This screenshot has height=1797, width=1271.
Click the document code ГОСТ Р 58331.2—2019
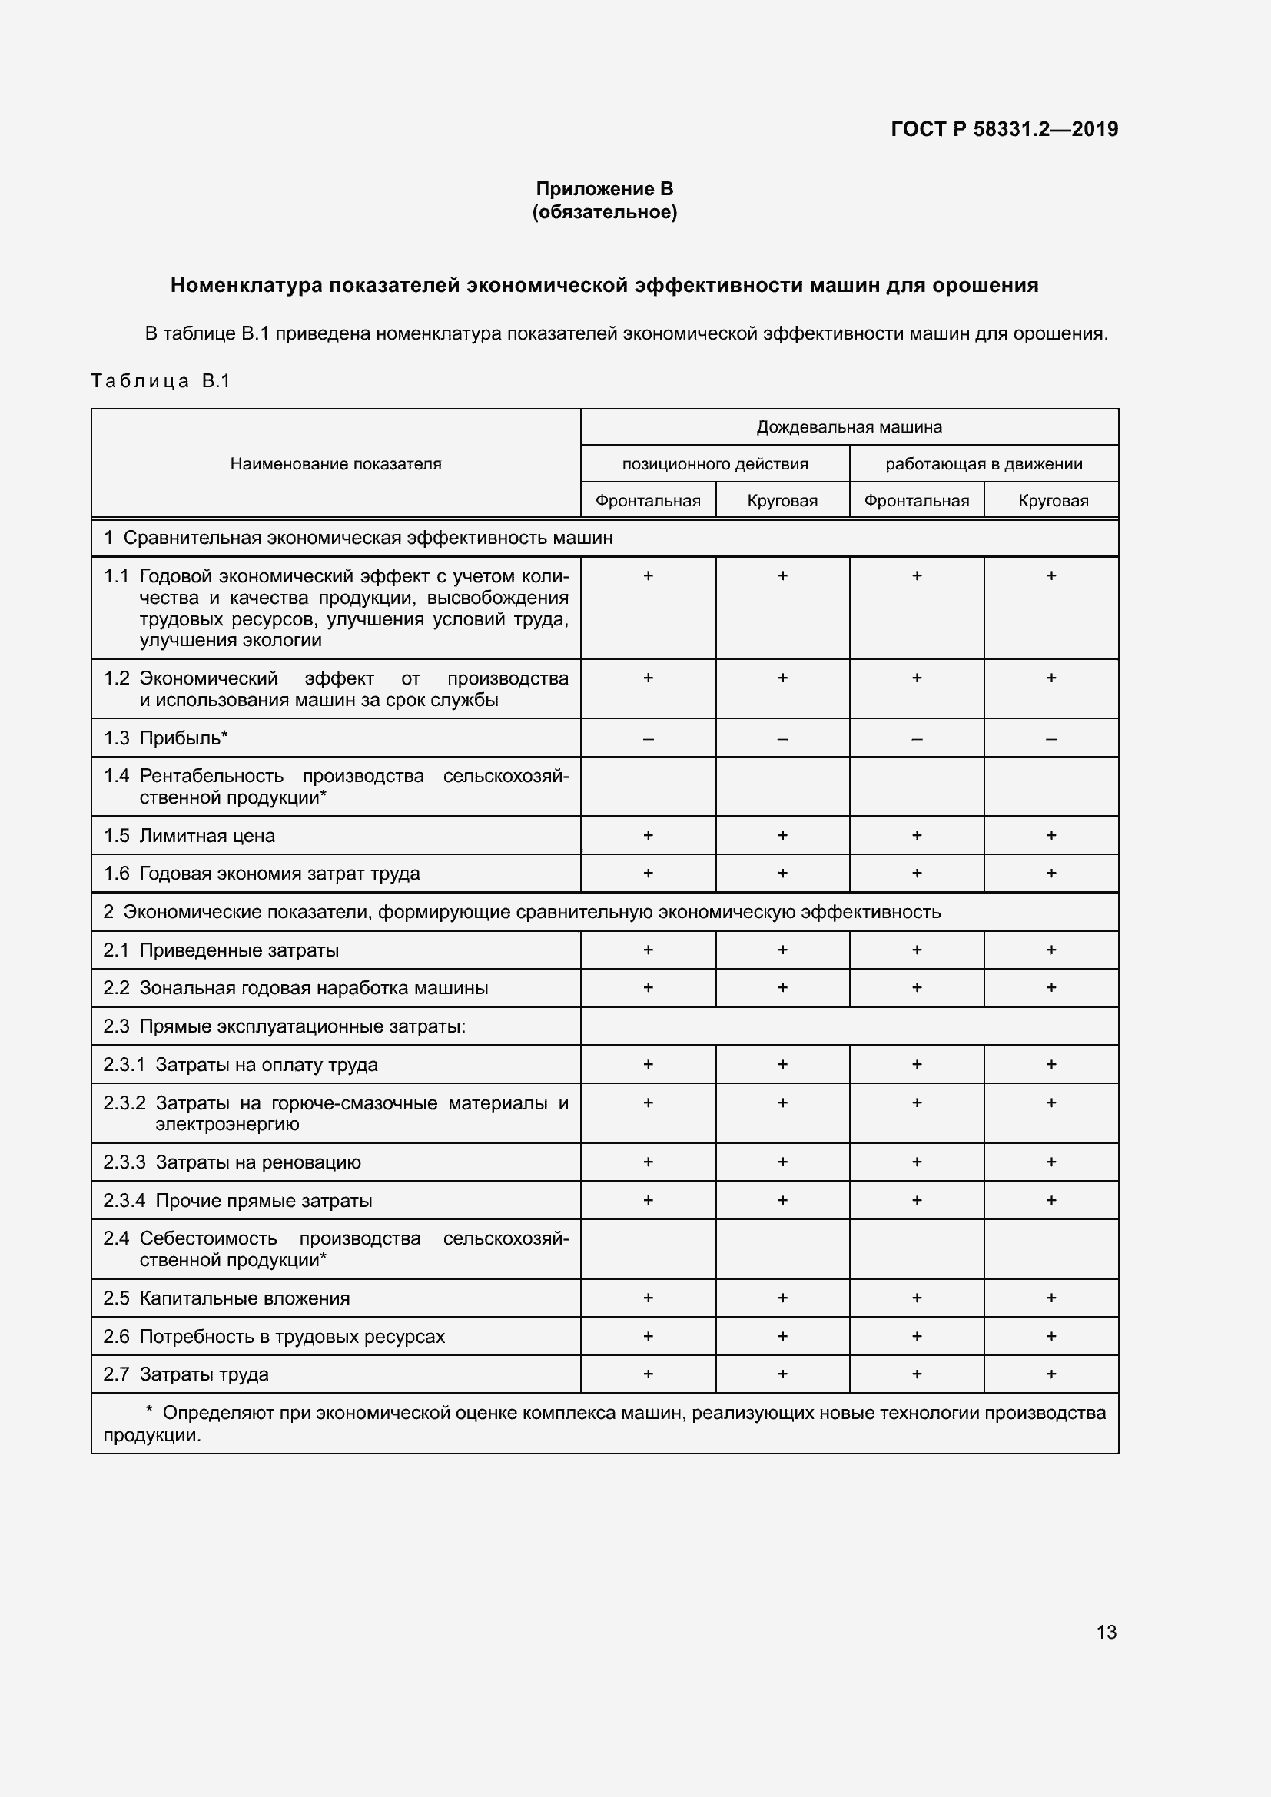[x=1004, y=129]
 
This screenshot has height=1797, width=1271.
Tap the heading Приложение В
[x=604, y=189]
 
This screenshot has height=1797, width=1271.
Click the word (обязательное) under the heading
[x=604, y=212]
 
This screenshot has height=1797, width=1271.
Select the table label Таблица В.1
[x=161, y=381]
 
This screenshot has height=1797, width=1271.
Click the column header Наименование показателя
[x=335, y=464]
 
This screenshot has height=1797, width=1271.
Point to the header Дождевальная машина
[x=849, y=427]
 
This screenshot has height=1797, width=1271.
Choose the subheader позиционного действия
[x=715, y=464]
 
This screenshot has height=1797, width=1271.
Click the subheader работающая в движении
[x=984, y=464]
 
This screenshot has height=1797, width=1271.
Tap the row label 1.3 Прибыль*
[x=166, y=738]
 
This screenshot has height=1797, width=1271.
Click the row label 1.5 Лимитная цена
[x=189, y=836]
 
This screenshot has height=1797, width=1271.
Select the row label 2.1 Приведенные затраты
[x=221, y=950]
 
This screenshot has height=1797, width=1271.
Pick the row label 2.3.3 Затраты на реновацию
[x=232, y=1162]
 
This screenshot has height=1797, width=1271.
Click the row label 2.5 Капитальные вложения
[x=227, y=1298]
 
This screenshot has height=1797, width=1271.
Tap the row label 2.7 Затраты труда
[x=186, y=1374]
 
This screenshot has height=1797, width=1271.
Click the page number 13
[x=1106, y=1633]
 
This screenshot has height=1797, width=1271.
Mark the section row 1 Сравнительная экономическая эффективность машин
[x=358, y=539]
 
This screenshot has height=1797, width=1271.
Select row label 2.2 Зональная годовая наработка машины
[x=296, y=989]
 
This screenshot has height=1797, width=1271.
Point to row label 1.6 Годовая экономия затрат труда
[x=262, y=874]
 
